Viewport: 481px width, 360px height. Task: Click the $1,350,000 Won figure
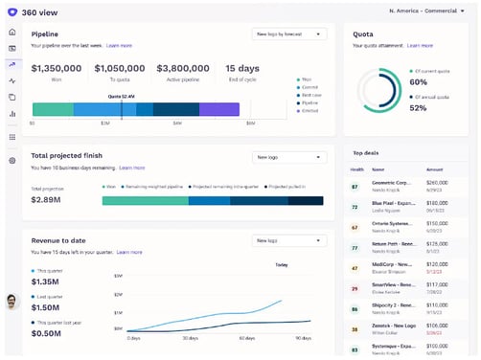[57, 68]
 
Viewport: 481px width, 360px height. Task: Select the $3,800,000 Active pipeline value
[184, 68]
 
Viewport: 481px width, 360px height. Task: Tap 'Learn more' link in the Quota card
[419, 45]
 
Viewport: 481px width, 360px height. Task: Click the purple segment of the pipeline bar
[219, 110]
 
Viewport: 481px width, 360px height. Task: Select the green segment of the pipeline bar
[52, 110]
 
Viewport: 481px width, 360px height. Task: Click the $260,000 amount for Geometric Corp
[437, 182]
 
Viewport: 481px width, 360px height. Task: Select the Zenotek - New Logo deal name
[390, 326]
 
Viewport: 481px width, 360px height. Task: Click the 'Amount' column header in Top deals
[435, 168]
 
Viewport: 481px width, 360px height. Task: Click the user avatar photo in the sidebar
[11, 302]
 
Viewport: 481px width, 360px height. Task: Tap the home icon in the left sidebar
[11, 31]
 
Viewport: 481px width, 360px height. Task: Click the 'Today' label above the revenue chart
[282, 264]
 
